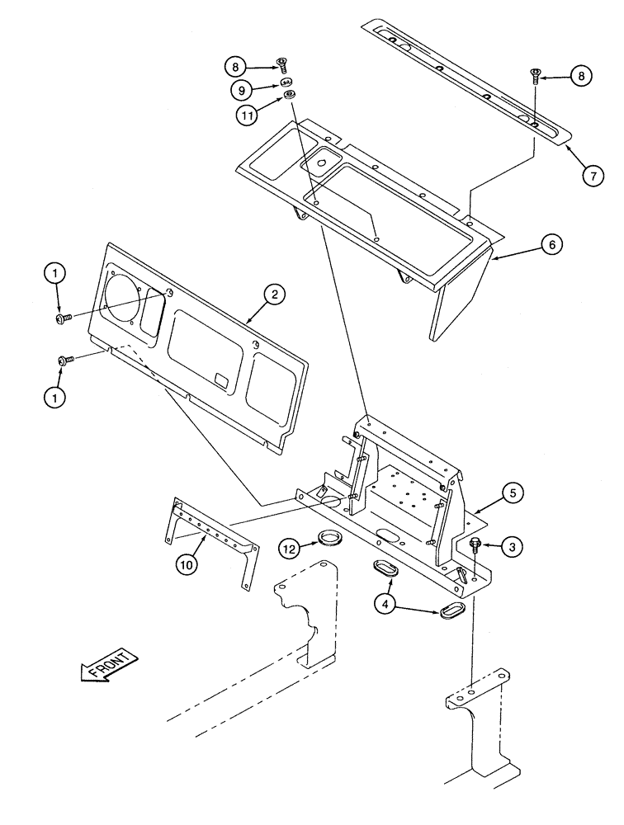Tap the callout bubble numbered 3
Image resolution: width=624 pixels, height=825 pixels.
(x=512, y=545)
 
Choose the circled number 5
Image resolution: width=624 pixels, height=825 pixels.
(x=512, y=494)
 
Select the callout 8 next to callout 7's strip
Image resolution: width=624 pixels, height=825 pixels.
(x=581, y=76)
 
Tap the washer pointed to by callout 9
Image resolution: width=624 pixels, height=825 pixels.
(x=286, y=82)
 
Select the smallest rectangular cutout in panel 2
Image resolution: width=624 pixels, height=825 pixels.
(x=221, y=379)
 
